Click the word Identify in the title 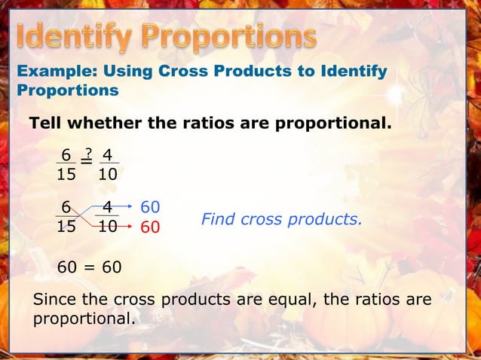76,35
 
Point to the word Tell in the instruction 45,122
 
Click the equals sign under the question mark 87,160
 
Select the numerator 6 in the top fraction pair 66,155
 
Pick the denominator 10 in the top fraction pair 108,174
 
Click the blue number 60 150,206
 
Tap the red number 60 150,226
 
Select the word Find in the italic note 218,220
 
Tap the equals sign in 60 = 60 89,267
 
